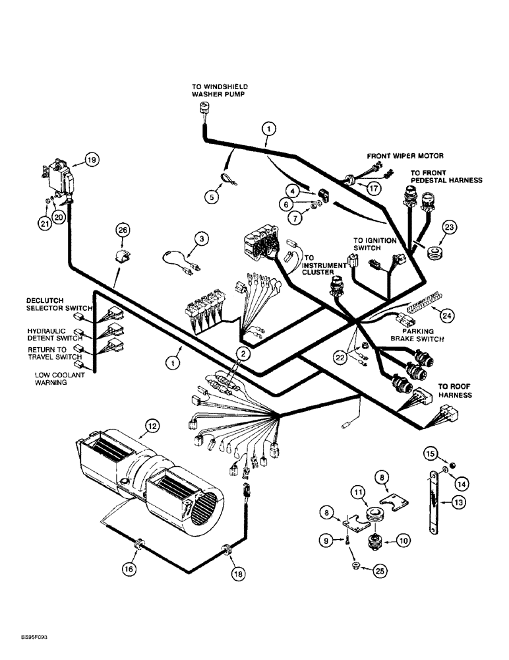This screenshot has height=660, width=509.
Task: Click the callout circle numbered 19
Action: point(91,159)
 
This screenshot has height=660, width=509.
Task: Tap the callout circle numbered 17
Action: point(374,188)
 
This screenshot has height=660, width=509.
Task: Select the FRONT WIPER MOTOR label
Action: point(415,156)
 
